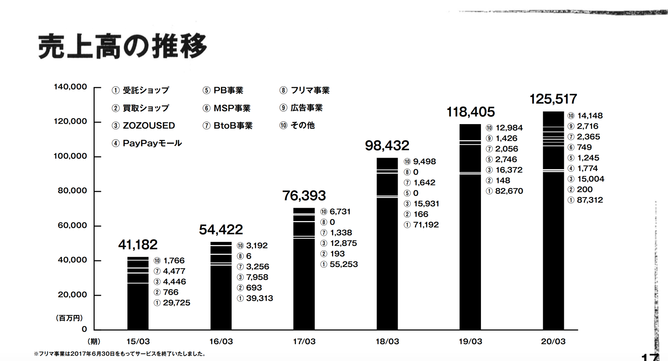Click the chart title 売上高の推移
coord(122,46)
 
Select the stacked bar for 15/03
coord(138,293)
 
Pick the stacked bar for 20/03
coord(553,221)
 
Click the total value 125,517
coord(553,99)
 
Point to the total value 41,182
coord(138,245)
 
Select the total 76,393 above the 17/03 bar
coord(304,196)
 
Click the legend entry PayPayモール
coord(152,143)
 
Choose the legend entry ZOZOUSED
coord(149,126)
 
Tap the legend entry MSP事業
coord(231,108)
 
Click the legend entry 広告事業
coord(306,108)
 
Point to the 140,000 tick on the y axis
coord(70,87)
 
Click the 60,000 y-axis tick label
coord(72,225)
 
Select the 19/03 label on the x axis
coord(470,341)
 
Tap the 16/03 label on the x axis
coord(221,341)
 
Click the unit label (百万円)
coord(70,318)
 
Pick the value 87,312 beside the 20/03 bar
coord(590,200)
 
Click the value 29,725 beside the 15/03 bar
coord(176,303)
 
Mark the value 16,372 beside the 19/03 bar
coord(509,170)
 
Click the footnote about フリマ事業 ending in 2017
coord(120,354)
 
